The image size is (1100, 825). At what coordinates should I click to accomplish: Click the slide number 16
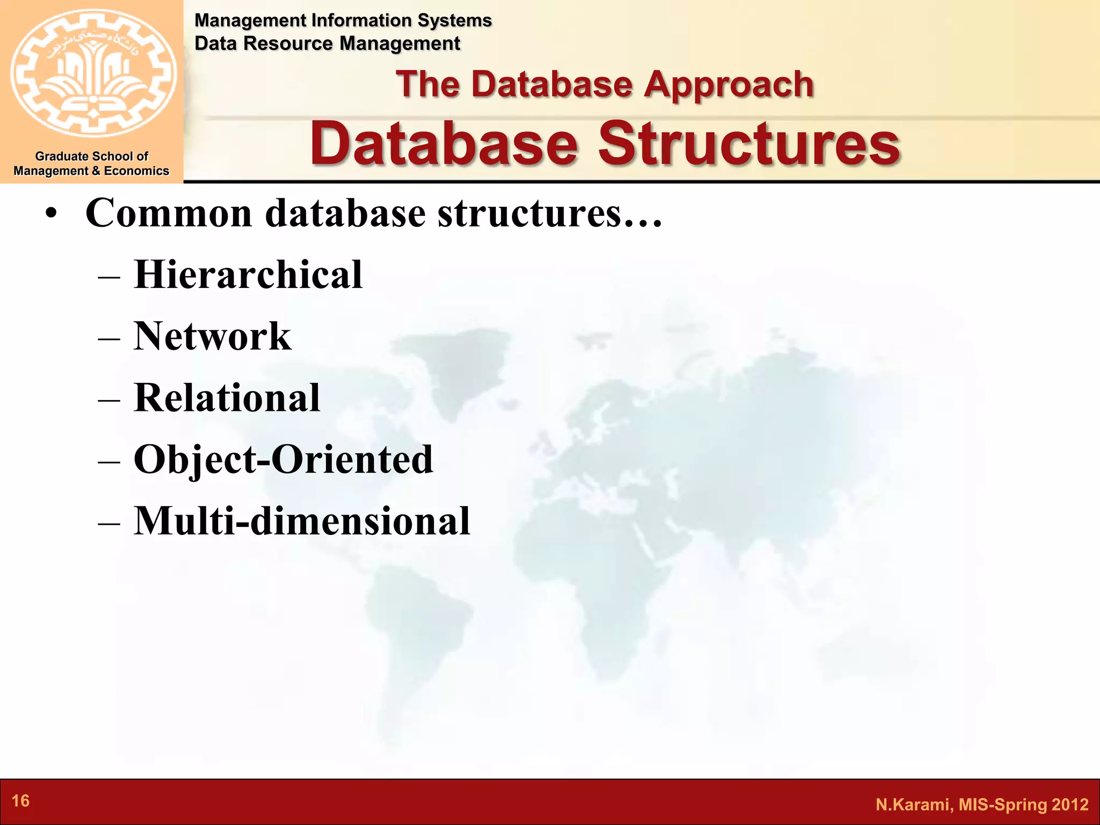pos(20,801)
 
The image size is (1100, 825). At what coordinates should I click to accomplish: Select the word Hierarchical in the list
pos(248,274)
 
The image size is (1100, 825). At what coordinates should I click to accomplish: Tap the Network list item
pos(212,336)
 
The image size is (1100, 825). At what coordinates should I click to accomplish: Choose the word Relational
pos(227,398)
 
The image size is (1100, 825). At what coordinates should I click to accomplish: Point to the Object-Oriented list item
pos(283,460)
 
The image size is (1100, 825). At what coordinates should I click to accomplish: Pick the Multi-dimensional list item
pos(301,521)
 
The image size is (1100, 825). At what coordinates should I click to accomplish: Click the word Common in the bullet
pos(169,213)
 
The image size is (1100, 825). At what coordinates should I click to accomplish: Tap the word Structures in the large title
pos(749,144)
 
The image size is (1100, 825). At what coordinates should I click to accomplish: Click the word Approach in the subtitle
pos(729,84)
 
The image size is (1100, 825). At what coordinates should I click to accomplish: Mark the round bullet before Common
pos(50,214)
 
